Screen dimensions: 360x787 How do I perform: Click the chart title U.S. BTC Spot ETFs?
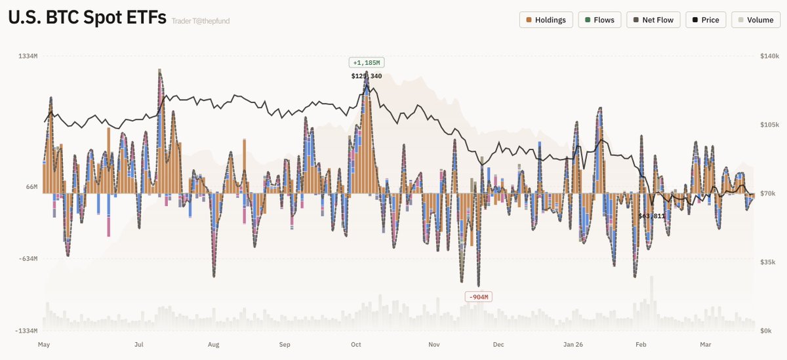tap(87, 19)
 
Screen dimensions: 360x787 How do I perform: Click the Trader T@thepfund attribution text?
tap(201, 21)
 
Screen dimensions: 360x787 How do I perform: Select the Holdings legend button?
tap(546, 20)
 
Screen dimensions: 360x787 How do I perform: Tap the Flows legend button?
tap(599, 20)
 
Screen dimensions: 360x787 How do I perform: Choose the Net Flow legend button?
tap(653, 20)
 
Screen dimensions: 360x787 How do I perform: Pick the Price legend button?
tap(705, 20)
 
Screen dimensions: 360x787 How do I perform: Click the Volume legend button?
tap(756, 20)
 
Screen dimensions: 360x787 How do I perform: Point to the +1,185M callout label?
tap(366, 63)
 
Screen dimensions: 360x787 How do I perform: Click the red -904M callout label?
tap(478, 297)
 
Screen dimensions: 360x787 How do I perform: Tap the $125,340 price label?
tap(367, 76)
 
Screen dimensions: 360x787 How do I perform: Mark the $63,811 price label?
tap(652, 216)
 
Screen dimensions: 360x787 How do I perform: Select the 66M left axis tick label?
tap(31, 187)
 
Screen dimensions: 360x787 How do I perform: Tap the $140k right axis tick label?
tap(769, 56)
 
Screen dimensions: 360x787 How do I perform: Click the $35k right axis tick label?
tap(767, 262)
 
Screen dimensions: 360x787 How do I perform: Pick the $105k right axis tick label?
tap(769, 125)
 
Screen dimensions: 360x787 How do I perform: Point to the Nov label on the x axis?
tap(434, 344)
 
